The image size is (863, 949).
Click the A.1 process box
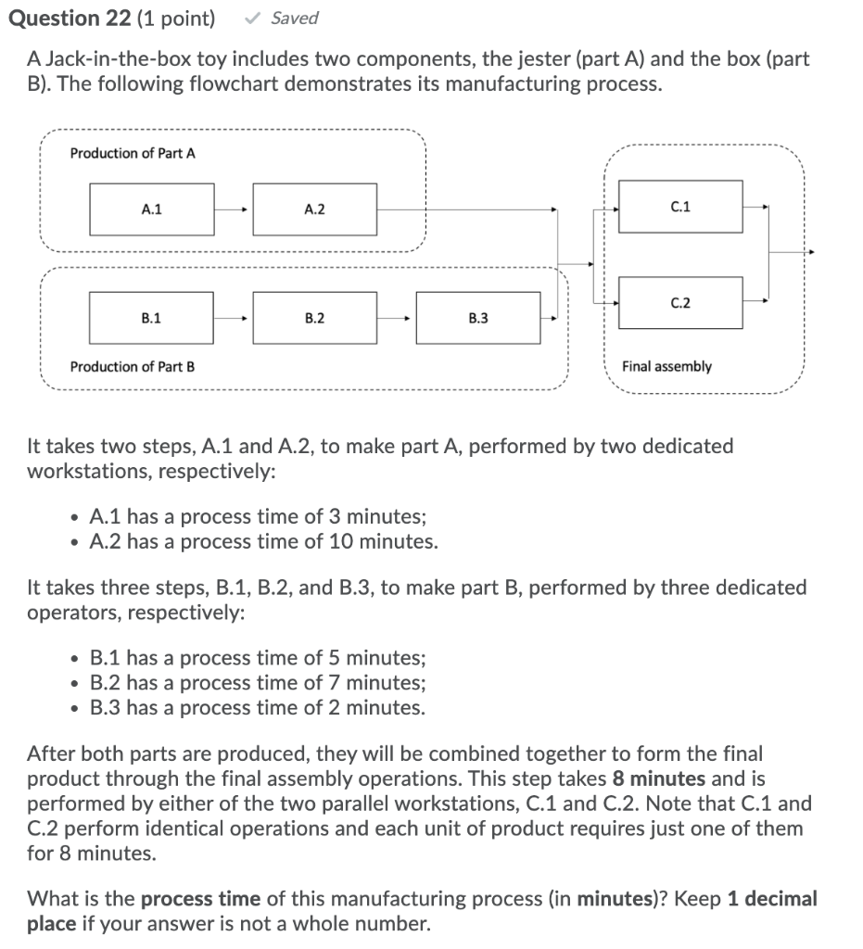click(152, 209)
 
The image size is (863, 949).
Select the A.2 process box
click(314, 209)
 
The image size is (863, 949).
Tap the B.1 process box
click(152, 318)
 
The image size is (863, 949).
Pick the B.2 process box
click(314, 318)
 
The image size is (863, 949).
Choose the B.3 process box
click(478, 318)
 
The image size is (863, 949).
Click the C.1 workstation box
click(679, 207)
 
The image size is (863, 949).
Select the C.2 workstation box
click(679, 302)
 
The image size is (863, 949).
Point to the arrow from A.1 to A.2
click(233, 210)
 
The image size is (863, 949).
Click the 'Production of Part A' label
click(133, 153)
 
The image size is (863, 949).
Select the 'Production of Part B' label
click(133, 366)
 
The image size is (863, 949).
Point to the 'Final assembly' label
click(666, 366)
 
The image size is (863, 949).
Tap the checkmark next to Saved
click(250, 18)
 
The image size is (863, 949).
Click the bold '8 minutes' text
click(659, 778)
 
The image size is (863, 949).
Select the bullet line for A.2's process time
click(263, 541)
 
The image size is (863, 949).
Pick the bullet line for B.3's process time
click(258, 708)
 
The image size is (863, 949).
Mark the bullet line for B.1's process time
click(258, 658)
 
